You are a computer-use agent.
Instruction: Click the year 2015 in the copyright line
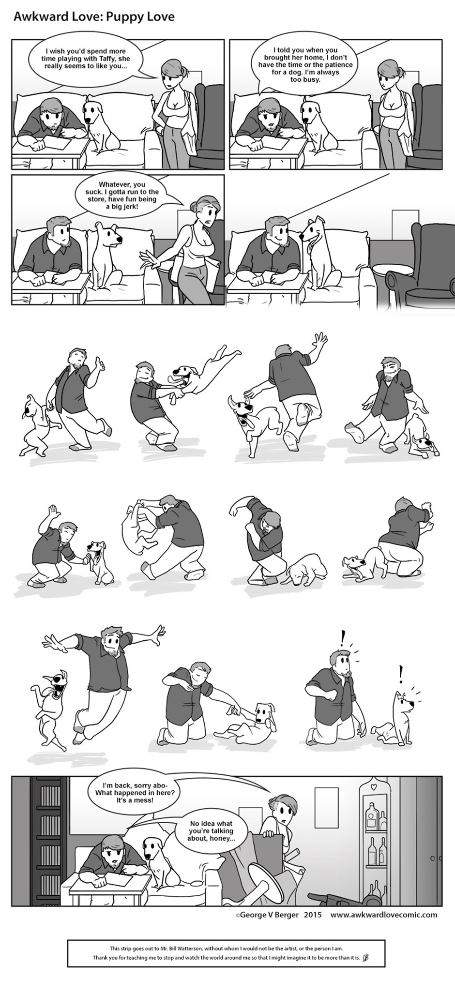tap(313, 915)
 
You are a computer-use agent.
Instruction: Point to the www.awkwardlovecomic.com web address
tap(384, 915)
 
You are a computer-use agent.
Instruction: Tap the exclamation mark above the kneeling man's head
tap(343, 638)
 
